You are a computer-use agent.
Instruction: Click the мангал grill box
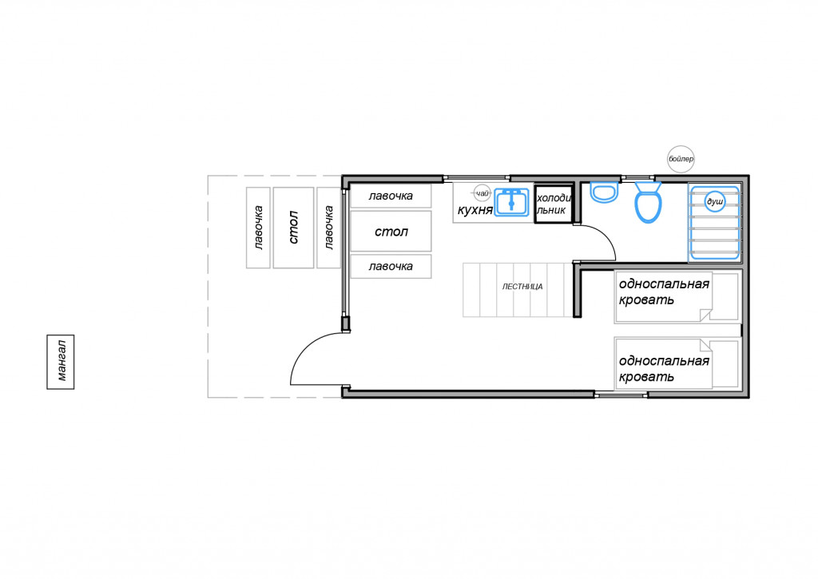tap(61, 362)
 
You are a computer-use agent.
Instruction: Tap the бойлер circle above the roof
tap(681, 159)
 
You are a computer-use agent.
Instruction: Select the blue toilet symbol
tap(648, 202)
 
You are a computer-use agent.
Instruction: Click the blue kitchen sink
tap(511, 202)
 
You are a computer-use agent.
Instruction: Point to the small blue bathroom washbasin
tap(605, 192)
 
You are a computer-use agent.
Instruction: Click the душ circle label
tap(715, 201)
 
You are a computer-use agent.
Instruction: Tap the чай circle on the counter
tap(482, 193)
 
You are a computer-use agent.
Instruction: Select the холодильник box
tap(554, 204)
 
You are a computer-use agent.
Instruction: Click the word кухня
tap(475, 210)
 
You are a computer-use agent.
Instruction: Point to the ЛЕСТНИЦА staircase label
tap(522, 287)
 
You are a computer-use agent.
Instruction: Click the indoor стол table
tap(391, 231)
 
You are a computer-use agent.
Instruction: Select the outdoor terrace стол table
tap(293, 228)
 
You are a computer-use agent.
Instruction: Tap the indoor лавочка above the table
tap(391, 196)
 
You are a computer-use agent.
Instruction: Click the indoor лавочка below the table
tap(391, 266)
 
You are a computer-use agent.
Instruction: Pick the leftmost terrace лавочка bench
tap(258, 228)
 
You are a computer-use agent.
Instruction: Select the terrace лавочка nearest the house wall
tap(328, 228)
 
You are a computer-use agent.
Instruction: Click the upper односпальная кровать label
tap(664, 291)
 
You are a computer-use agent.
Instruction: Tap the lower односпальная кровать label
tap(664, 368)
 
